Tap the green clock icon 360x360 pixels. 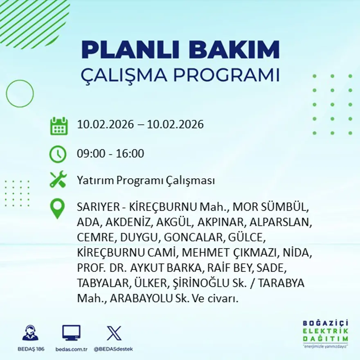coord(58,154)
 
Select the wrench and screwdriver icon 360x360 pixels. coord(58,180)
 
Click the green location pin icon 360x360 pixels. coord(57,208)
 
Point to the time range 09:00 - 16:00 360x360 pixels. coord(110,154)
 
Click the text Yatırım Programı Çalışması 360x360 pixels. coord(146,180)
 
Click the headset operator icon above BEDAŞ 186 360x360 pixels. coord(30,333)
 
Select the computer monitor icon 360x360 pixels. coord(71,333)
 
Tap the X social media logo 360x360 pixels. coord(114,333)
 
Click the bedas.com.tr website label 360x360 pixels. coord(71,349)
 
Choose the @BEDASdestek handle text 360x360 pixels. coord(113,349)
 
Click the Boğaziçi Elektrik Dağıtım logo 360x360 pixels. coord(326,333)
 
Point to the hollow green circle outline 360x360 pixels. coord(20,94)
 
